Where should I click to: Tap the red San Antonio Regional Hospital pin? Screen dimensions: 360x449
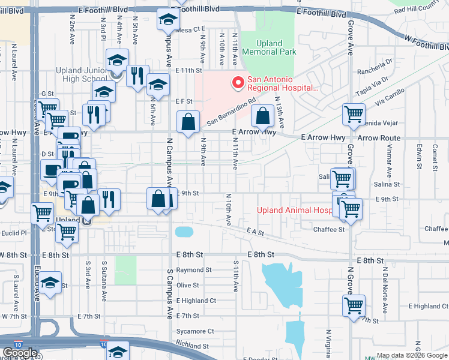(x=238, y=83)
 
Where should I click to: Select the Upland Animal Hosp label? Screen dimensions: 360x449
(x=294, y=211)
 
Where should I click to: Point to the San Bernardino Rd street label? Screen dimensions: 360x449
(x=231, y=112)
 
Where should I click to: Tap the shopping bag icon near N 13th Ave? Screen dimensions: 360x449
(x=263, y=116)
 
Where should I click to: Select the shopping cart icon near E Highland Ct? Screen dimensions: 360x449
(x=354, y=305)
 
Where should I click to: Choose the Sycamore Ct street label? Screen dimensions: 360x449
(x=195, y=331)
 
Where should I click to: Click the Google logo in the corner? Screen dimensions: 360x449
(x=20, y=353)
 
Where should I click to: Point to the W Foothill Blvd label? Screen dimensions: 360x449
(x=426, y=43)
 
